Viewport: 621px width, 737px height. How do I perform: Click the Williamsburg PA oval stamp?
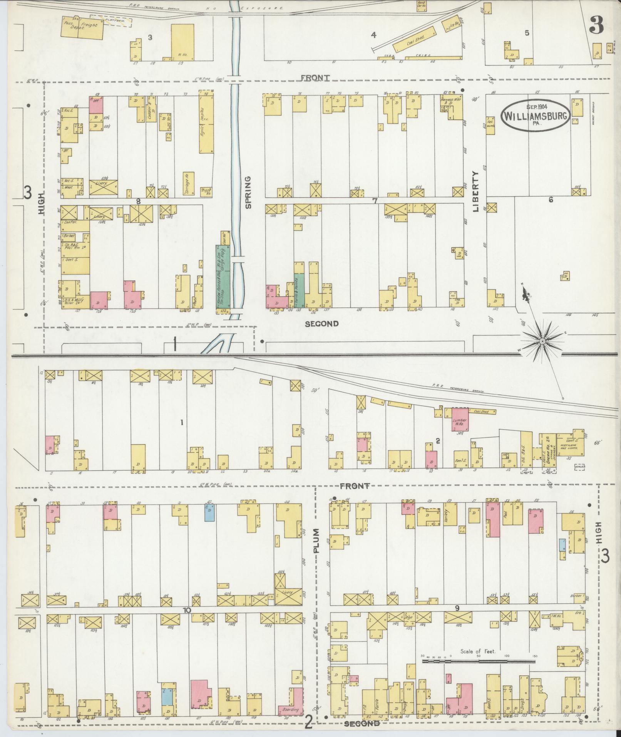(536, 115)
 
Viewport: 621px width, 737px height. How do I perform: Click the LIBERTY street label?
(476, 191)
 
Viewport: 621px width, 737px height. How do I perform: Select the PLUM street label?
(316, 541)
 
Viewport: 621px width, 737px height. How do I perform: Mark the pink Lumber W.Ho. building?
(460, 419)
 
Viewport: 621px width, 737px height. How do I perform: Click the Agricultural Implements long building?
(206, 122)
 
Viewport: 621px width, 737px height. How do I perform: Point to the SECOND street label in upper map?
(321, 324)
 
